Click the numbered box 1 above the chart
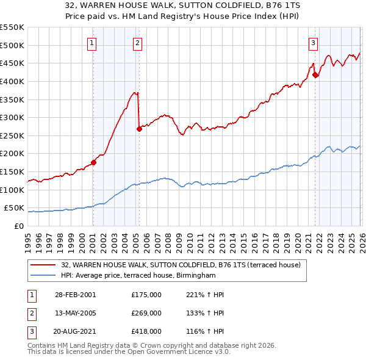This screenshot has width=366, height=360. [92, 43]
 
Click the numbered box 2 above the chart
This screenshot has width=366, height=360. [138, 43]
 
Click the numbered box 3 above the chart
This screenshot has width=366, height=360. [313, 43]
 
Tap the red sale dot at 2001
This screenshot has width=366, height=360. [93, 162]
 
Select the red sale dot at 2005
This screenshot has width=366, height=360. [139, 129]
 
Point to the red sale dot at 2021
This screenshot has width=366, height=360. [315, 75]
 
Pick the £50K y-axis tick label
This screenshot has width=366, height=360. [15, 208]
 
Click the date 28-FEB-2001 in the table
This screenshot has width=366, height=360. [75, 295]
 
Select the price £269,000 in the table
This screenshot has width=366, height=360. [146, 313]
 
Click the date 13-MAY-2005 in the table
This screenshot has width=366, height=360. [75, 313]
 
